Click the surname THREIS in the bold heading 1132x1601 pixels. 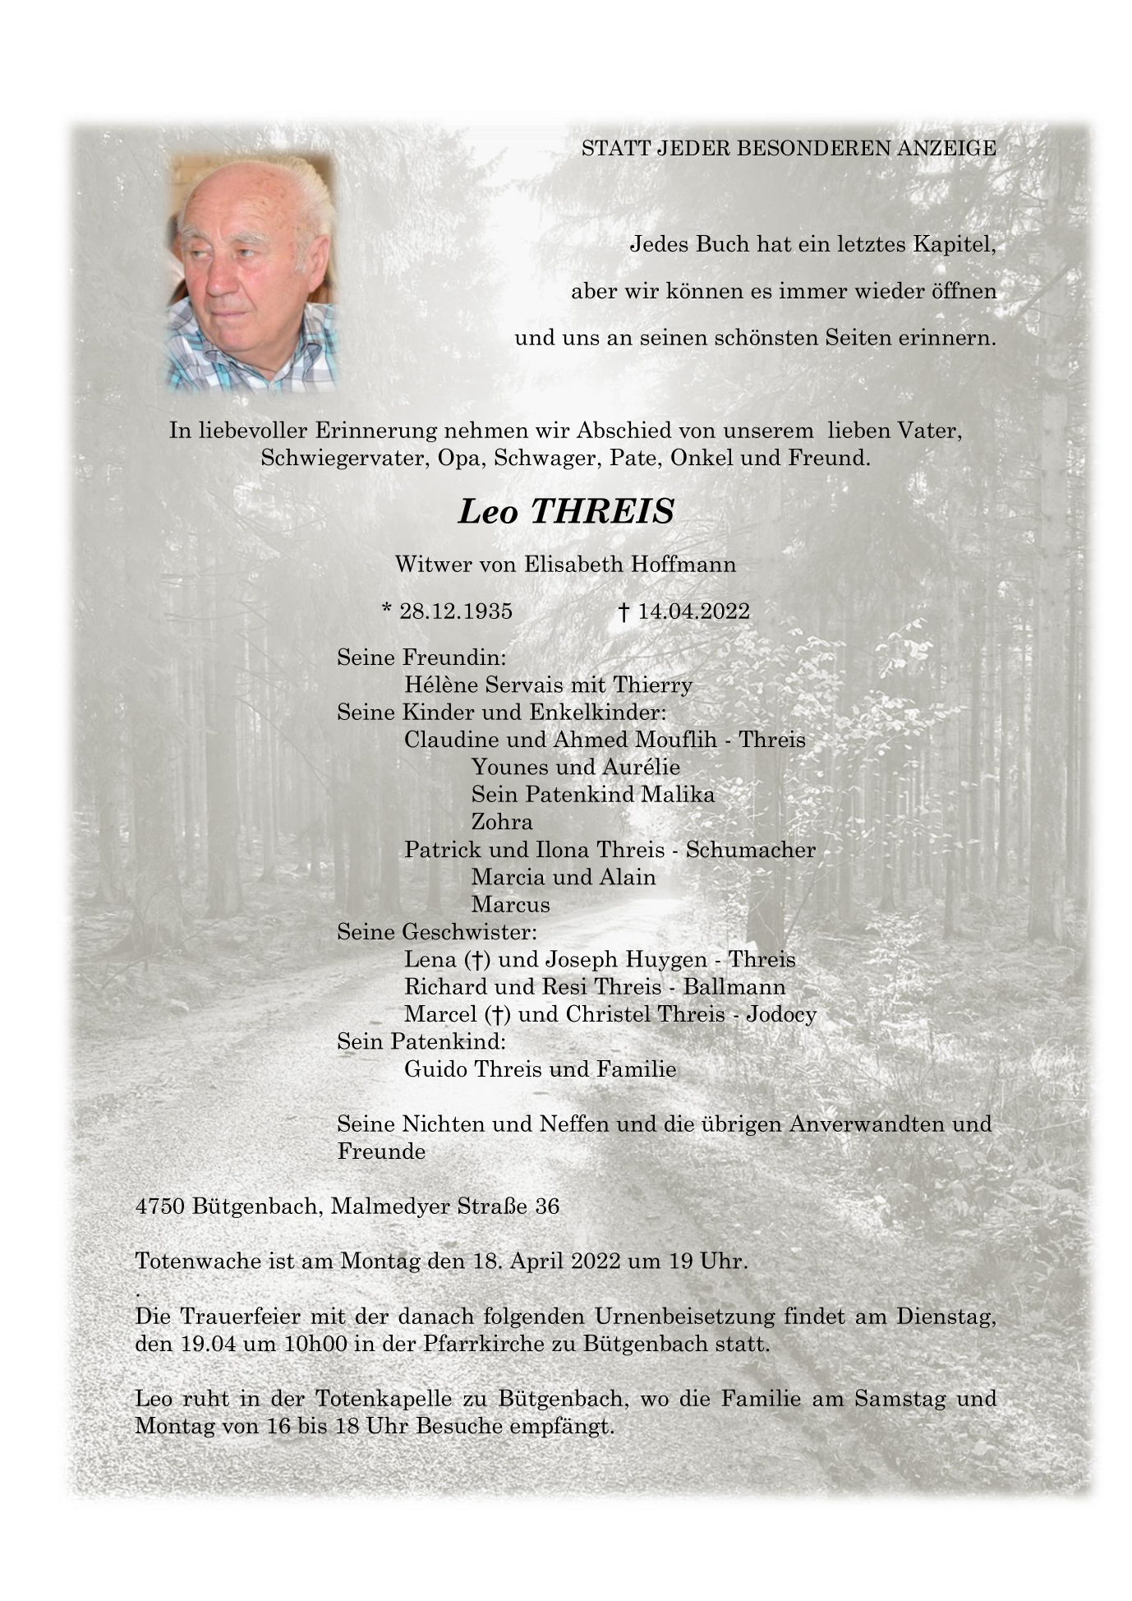click(602, 511)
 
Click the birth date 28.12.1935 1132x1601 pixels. click(455, 611)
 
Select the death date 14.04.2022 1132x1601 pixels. click(693, 611)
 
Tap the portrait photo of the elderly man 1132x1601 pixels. click(252, 271)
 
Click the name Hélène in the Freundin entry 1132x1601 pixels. click(441, 685)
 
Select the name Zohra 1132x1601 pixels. click(501, 822)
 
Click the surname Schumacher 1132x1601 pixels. click(750, 850)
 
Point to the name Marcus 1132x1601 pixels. click(510, 905)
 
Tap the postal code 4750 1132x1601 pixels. click(160, 1207)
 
